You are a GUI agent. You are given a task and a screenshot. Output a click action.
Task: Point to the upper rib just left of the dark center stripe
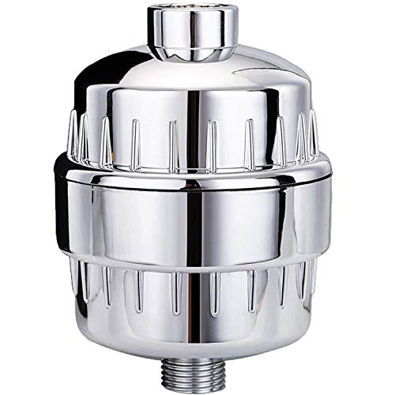[x=173, y=134]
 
